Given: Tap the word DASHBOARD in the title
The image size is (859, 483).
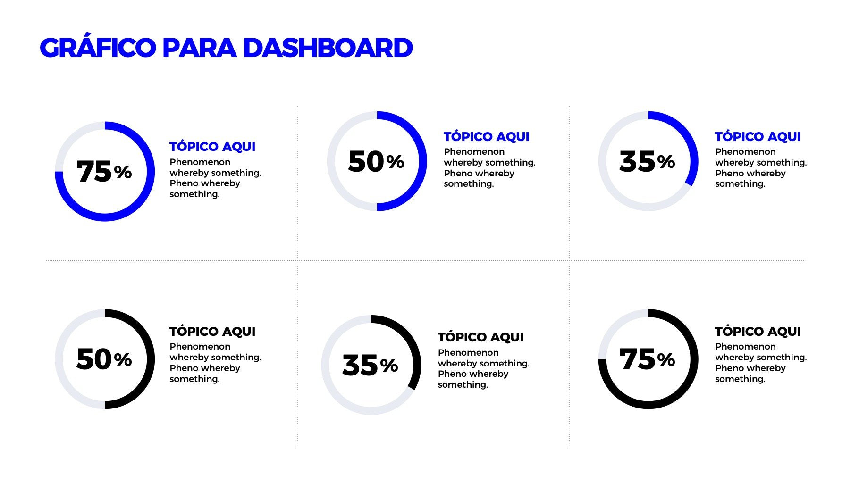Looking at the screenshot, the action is [x=328, y=48].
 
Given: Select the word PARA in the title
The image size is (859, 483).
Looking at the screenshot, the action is [x=199, y=48].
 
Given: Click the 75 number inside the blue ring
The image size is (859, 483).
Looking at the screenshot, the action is [x=94, y=171].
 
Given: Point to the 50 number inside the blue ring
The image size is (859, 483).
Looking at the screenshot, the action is [x=366, y=161].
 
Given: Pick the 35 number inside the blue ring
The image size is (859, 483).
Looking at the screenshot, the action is [x=637, y=161].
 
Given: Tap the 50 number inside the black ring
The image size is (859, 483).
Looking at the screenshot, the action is [x=94, y=359].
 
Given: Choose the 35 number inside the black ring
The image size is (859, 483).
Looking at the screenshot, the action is [x=360, y=365].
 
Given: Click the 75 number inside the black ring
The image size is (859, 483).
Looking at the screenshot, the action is [x=637, y=359].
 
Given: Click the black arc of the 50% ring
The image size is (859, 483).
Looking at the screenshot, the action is [x=151, y=359].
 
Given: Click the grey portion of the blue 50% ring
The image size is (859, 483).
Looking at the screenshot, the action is [x=331, y=161].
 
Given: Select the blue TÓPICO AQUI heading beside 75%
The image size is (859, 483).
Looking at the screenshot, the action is [x=212, y=147].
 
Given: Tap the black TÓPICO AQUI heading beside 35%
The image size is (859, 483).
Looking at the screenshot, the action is [x=480, y=337].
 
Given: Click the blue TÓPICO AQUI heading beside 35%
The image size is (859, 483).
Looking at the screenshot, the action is [x=758, y=137].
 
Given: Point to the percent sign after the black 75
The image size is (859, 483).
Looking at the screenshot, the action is [x=666, y=360].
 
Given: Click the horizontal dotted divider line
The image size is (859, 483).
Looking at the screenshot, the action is [x=426, y=260].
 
